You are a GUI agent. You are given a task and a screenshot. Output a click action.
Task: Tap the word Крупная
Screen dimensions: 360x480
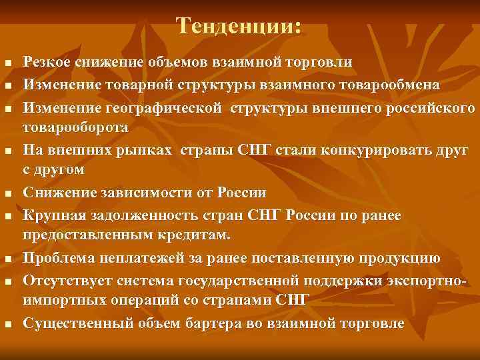(51, 215)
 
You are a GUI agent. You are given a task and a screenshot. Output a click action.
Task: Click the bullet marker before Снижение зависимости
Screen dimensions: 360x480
(8, 194)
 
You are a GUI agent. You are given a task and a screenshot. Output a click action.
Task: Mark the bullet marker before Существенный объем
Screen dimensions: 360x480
(8, 325)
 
